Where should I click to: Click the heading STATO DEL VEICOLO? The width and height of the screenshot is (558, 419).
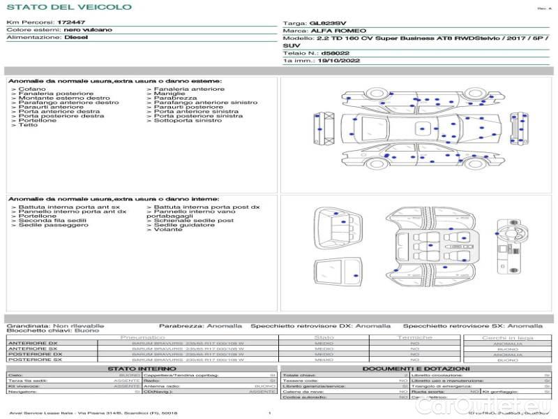click(68, 7)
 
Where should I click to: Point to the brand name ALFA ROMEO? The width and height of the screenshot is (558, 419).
click(329, 31)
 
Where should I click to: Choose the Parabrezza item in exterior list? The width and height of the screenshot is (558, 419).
click(168, 98)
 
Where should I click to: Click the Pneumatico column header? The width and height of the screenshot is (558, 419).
click(142, 337)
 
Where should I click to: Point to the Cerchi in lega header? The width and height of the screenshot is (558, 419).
click(507, 337)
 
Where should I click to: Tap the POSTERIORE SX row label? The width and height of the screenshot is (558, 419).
click(34, 360)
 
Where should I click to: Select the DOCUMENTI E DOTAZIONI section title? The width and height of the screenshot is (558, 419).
click(416, 368)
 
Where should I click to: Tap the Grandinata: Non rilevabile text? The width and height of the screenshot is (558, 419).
click(55, 325)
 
